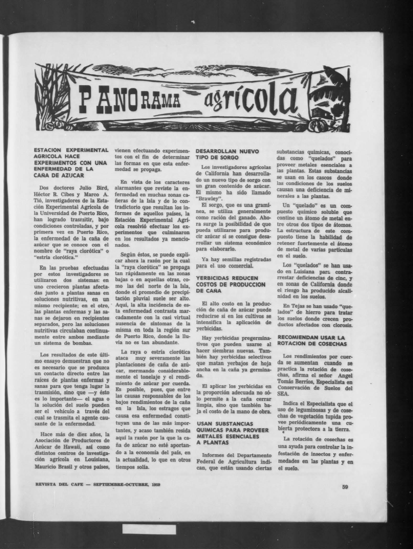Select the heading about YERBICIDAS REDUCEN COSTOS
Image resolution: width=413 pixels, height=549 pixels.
pyautogui.click(x=231, y=284)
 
